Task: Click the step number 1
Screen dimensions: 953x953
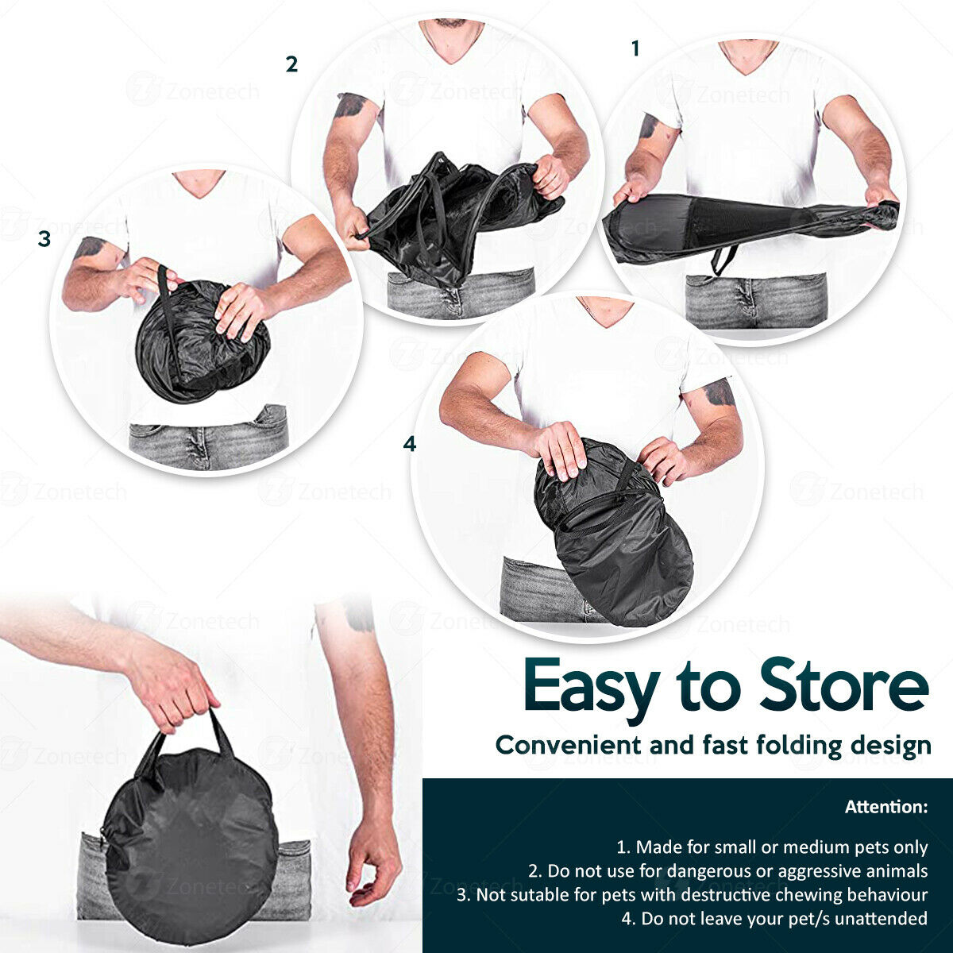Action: (635, 48)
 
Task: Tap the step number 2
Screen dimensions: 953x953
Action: (291, 64)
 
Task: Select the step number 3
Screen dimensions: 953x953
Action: (44, 239)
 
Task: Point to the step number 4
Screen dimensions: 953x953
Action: (410, 444)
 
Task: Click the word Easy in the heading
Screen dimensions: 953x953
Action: (592, 690)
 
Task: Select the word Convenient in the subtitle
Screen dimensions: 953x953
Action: (569, 745)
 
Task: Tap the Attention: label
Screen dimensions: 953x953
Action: (885, 807)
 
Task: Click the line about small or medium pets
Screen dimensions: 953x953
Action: (771, 847)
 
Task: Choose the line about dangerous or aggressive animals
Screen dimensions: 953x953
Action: (727, 871)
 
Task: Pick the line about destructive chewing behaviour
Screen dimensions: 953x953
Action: (692, 895)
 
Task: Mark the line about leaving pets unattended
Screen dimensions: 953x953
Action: (774, 918)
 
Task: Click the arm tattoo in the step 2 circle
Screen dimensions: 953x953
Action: (350, 104)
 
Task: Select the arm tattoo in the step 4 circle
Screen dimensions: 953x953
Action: (720, 392)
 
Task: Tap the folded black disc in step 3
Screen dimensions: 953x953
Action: (202, 341)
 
